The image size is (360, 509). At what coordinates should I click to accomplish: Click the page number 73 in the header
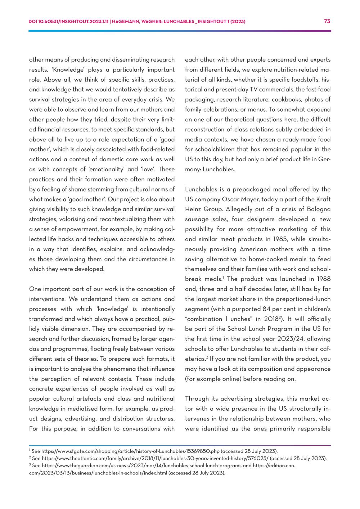[327, 21]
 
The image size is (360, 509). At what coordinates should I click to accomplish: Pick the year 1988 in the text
[322, 279]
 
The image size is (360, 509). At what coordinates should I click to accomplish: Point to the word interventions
[45, 299]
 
